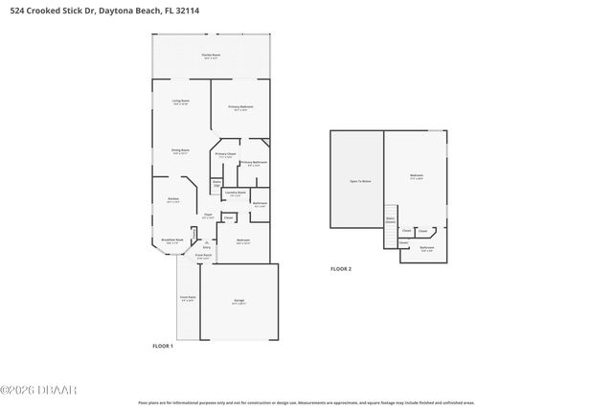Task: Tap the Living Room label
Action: click(x=180, y=102)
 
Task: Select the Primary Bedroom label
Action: click(x=239, y=106)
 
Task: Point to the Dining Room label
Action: click(x=180, y=150)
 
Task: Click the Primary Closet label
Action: click(x=225, y=155)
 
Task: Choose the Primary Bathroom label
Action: click(x=254, y=163)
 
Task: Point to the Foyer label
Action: click(x=207, y=216)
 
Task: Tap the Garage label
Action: click(x=238, y=302)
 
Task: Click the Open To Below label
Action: click(x=360, y=180)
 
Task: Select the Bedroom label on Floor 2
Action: click(x=417, y=176)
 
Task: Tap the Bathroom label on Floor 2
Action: click(x=426, y=248)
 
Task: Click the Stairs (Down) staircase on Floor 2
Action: click(x=391, y=219)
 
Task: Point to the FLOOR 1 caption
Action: click(x=163, y=345)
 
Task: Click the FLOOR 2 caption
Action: click(x=341, y=270)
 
